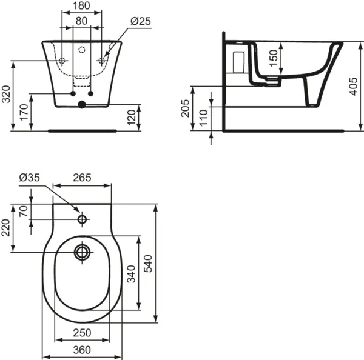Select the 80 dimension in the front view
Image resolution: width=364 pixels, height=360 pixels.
coord(81,21)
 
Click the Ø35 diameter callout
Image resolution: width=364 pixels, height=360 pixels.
coord(29,178)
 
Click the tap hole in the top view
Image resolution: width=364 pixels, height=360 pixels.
coord(82,218)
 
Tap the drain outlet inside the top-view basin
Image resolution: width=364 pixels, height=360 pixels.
coord(81,250)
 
